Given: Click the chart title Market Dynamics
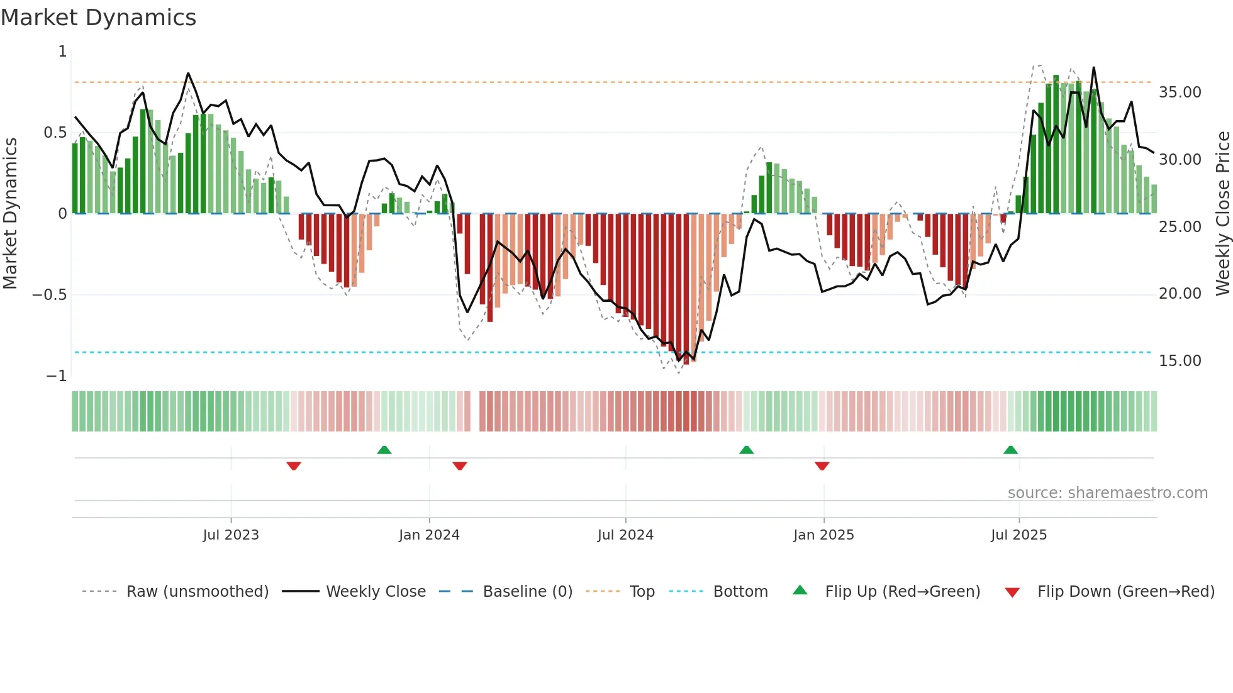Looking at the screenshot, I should point(99,18).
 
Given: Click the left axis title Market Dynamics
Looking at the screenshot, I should point(10,213).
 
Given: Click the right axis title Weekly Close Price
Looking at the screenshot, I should point(1222,213).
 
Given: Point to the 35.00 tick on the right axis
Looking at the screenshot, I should point(1180,92).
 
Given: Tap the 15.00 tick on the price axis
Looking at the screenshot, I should point(1180,361).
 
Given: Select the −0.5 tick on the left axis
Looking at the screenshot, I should point(50,295).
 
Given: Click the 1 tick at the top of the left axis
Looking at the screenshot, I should point(62,52).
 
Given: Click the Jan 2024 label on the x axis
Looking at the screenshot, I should point(429,535).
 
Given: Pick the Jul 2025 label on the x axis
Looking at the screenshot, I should point(1018,535).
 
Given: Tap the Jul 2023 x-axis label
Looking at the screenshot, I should point(231,535).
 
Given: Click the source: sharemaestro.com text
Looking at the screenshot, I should point(1107,493).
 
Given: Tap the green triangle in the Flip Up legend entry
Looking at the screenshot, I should point(800,590).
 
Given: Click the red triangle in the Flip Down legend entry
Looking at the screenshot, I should point(1012,593).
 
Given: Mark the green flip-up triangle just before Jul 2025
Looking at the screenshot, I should point(1010,450).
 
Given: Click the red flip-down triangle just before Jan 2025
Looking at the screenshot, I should point(822,466).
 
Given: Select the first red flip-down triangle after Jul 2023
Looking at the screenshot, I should point(294,466).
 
